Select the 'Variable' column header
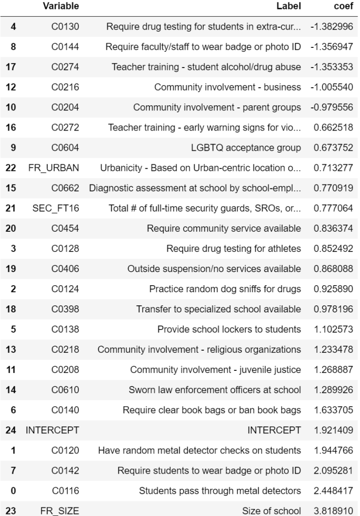click(60, 7)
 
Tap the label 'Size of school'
click(271, 511)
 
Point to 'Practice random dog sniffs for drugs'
click(225, 289)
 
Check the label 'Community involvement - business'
click(228, 87)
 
